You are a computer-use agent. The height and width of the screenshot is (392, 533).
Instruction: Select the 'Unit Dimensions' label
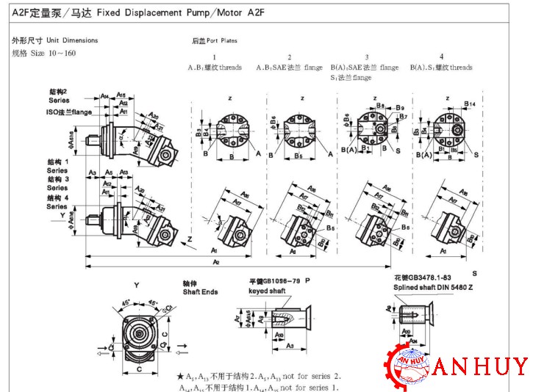pyautogui.click(x=70, y=40)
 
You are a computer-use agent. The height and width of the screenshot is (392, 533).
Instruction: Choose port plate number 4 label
pyautogui.click(x=441, y=57)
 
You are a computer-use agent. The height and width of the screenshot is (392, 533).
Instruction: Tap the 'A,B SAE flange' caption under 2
pyautogui.click(x=289, y=68)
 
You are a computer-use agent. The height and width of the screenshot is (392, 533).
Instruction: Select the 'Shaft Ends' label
pyautogui.click(x=200, y=291)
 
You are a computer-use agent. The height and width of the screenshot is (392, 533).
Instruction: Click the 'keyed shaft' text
pyautogui.click(x=268, y=291)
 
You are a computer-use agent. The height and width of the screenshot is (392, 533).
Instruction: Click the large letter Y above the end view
pyautogui.click(x=136, y=284)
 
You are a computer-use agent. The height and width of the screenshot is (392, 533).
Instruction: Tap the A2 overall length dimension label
pyautogui.click(x=216, y=261)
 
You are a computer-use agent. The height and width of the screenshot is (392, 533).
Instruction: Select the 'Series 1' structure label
pyautogui.click(x=57, y=166)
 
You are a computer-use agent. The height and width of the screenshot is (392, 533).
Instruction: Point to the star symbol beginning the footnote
pyautogui.click(x=179, y=376)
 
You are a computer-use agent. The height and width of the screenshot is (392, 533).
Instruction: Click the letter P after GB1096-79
pyautogui.click(x=307, y=281)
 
